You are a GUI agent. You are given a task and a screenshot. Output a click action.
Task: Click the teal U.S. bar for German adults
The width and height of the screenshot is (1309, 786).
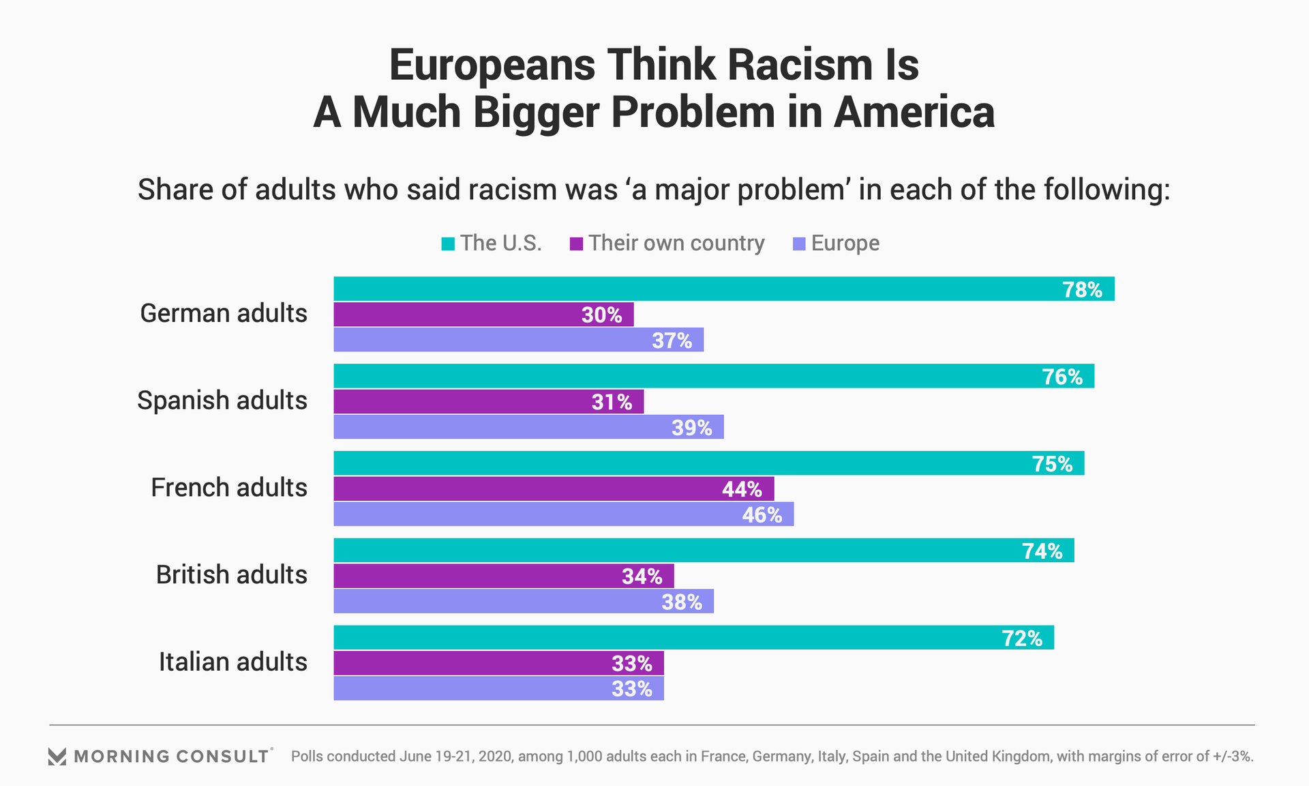point(723,289)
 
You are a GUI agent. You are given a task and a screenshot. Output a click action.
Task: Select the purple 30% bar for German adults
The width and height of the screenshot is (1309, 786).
point(483,315)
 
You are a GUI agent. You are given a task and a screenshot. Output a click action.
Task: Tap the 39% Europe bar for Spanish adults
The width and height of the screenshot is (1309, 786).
point(528,427)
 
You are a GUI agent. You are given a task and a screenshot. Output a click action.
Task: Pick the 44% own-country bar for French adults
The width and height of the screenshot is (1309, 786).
point(554,489)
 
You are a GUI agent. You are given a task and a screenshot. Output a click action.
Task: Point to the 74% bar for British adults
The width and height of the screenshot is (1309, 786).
point(704,550)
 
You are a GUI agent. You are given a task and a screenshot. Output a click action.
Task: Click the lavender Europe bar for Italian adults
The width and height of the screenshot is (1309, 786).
point(498,688)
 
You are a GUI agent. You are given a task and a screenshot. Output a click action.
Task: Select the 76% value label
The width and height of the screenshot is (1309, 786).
point(1062,377)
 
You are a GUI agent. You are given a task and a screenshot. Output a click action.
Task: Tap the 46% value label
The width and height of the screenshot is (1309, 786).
point(762,514)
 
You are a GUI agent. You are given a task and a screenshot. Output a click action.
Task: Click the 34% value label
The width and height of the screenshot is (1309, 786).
point(642,577)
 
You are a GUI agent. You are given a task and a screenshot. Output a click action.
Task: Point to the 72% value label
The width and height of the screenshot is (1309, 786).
point(1021,639)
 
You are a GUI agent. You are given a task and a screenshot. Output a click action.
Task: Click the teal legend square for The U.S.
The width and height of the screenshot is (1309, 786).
point(448,244)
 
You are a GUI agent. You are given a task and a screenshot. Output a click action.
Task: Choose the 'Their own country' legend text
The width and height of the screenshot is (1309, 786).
point(676,244)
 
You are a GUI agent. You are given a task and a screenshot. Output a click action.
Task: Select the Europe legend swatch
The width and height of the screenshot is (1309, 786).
point(799,244)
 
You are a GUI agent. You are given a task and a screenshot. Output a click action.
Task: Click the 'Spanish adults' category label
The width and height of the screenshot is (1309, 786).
point(222,401)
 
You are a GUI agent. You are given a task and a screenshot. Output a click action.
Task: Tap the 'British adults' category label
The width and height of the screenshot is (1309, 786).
point(231,574)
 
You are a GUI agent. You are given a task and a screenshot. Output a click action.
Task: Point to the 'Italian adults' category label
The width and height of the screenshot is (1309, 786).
point(232,662)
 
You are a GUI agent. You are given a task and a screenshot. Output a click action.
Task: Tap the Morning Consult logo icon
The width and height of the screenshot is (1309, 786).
point(57,756)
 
